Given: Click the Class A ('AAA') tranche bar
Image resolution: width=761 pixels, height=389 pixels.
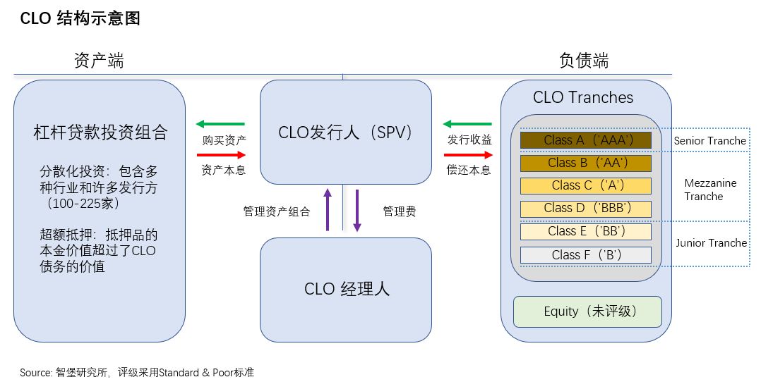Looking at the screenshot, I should click(585, 140).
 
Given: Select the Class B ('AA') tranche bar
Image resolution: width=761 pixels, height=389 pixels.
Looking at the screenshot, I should click(585, 163).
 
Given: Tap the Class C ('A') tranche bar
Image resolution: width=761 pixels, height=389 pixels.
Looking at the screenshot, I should click(585, 186).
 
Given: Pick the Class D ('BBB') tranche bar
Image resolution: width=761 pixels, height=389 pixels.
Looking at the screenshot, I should click(585, 209).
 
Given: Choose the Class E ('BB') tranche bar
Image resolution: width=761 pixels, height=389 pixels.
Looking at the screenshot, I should click(585, 231).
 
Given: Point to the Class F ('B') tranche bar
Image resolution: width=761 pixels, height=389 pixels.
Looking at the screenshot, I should click(585, 254).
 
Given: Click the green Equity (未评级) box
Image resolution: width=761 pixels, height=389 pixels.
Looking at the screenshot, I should click(587, 311).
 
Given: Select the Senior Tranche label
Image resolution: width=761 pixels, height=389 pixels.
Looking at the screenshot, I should click(709, 141).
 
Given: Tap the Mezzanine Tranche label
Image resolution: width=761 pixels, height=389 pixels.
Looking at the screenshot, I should click(710, 190).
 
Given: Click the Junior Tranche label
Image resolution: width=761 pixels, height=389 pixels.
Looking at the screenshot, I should click(711, 243).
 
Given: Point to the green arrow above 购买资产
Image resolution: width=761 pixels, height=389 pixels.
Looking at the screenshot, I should click(220, 124).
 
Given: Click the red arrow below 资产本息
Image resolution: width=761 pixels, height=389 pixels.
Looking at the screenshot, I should click(220, 154).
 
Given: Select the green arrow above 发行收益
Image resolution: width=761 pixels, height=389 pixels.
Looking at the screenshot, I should click(467, 124).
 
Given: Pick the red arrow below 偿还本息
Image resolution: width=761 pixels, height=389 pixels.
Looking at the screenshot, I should click(467, 154).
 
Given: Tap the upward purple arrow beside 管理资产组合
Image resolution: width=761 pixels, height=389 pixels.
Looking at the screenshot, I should click(328, 209).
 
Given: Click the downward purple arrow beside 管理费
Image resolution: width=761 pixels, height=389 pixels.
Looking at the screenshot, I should click(357, 210).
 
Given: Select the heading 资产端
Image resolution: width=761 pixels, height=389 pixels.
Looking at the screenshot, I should click(99, 61).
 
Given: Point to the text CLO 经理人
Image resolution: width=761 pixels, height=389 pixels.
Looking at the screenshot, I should click(347, 289).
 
